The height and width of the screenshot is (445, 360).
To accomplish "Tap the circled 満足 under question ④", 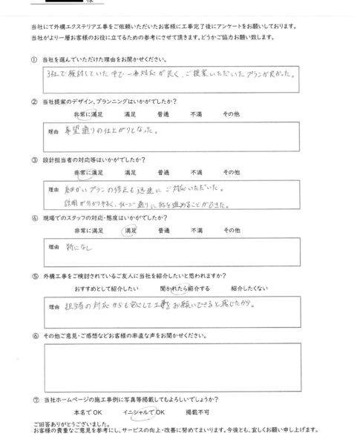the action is coord(129,231).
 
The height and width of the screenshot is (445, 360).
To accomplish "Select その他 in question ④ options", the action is coord(238,231).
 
